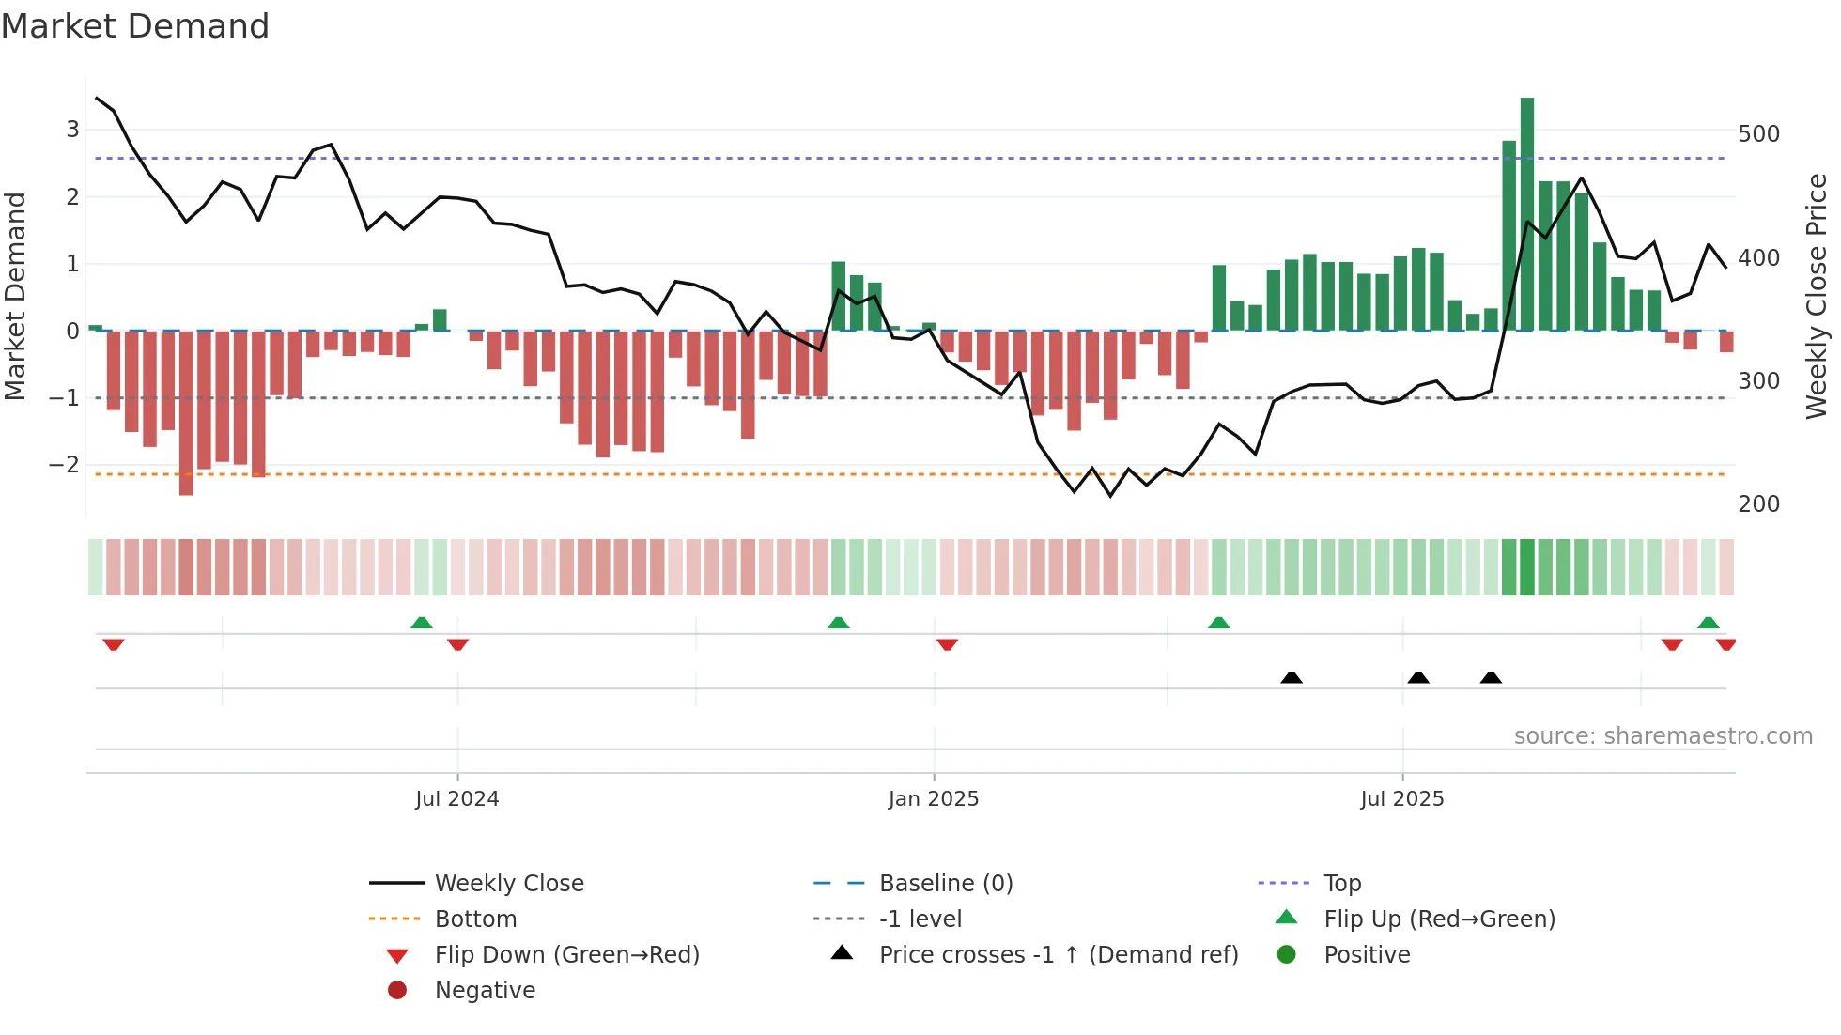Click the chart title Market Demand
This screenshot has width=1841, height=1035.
pos(135,26)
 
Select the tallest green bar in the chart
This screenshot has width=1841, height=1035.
pos(1527,214)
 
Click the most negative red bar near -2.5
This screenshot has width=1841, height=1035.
pos(186,413)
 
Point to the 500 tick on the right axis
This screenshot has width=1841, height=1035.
pos(1758,134)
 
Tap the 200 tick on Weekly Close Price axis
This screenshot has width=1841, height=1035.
pos(1758,504)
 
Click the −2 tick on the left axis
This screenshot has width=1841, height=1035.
pos(65,465)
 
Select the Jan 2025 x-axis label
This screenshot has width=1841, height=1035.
pos(934,799)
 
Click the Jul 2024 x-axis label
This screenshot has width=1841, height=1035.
pos(457,799)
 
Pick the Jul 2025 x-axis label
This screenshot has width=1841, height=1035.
pos(1402,799)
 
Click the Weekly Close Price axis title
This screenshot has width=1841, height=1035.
pos(1817,296)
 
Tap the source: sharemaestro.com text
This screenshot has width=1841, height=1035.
pos(1663,736)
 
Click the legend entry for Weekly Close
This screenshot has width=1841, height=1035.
pos(508,884)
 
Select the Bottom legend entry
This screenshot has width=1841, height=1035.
pos(475,919)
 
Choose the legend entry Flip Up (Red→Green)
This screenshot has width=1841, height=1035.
pos(1439,919)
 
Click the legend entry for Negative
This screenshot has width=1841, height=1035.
pos(485,991)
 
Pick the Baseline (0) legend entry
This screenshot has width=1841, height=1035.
pos(946,884)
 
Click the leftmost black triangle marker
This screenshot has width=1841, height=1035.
pos(1292,677)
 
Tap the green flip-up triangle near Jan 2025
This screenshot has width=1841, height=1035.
pos(839,623)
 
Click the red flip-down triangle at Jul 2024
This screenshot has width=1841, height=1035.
pos(458,644)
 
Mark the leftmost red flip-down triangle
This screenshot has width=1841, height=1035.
pos(114,644)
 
